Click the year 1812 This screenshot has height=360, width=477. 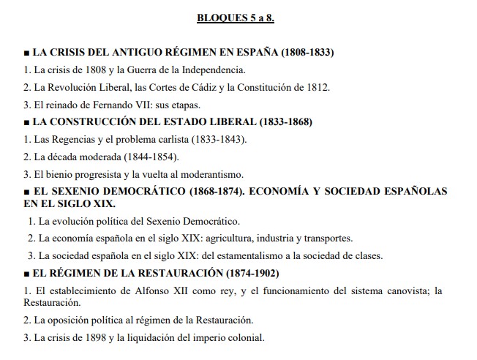tap(318, 88)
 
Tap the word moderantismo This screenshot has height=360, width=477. tap(206, 174)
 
